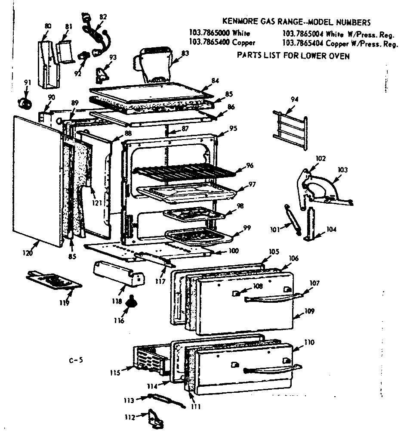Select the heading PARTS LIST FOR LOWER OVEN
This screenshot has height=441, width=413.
pos(293,56)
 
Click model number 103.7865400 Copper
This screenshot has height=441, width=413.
pos(222,42)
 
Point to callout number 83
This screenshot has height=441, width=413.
pos(185,53)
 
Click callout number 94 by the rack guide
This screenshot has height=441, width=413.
pos(294,99)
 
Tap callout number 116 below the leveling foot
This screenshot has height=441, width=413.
pos(119,320)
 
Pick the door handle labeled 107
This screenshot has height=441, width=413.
pos(271,298)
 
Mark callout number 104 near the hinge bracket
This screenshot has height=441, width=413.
pos(331,230)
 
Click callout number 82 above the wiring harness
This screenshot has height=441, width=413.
pos(103,17)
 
